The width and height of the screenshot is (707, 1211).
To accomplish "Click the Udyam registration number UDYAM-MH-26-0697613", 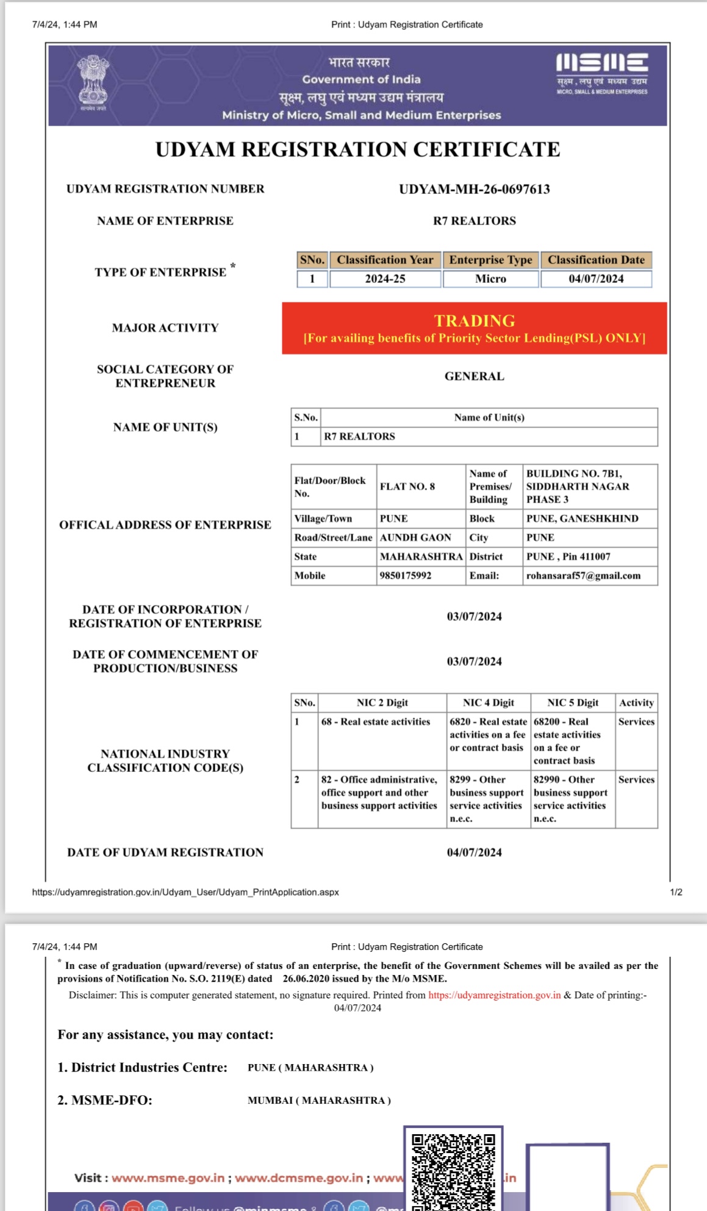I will [x=475, y=189].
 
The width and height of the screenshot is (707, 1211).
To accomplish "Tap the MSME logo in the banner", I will [x=601, y=73].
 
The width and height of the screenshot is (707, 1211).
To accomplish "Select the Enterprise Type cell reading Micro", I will [x=490, y=279].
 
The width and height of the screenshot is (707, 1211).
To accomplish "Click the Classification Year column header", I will [x=385, y=260].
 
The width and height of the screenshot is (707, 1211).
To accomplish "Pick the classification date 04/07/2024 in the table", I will [x=596, y=279].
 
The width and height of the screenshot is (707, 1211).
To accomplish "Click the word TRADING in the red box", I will [x=475, y=321].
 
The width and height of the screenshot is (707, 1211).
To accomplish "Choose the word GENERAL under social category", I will [x=474, y=376].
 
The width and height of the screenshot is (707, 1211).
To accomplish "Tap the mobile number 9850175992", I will [x=406, y=576].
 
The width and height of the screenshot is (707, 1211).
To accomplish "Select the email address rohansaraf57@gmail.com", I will [x=583, y=576].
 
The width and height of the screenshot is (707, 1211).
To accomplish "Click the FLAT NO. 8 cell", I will [x=407, y=487].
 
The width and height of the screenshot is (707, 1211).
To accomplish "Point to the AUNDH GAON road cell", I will [x=415, y=537].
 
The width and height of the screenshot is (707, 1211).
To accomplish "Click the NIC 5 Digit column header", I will [x=573, y=702].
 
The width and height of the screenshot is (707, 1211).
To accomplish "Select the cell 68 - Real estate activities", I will [x=376, y=722].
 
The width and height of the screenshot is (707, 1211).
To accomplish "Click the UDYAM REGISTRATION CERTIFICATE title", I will [x=357, y=149].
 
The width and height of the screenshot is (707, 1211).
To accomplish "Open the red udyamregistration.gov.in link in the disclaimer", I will [x=494, y=995].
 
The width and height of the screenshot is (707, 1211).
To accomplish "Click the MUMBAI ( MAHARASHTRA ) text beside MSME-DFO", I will [x=319, y=1101].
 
